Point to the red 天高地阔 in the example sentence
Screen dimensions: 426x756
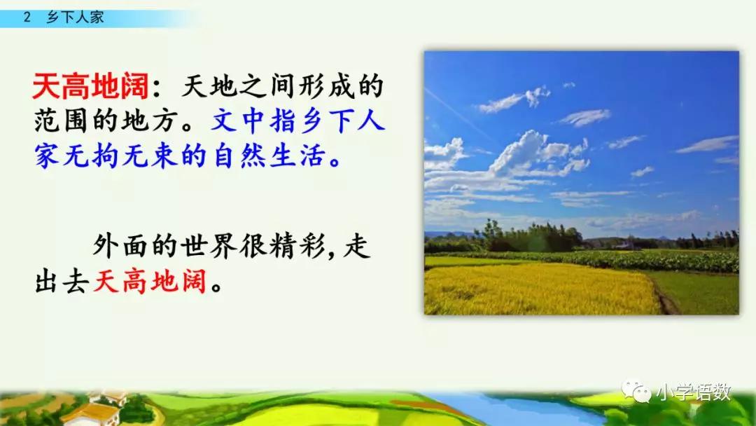point(150,282)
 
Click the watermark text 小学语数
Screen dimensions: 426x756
point(693,392)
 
